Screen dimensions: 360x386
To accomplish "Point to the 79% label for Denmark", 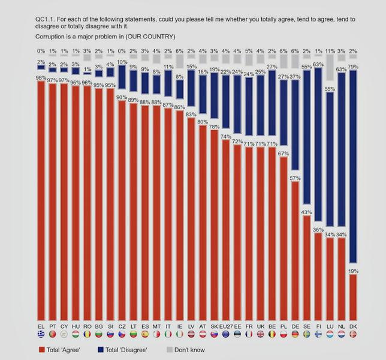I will point(354,66).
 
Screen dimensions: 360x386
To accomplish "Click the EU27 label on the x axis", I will point(226,326).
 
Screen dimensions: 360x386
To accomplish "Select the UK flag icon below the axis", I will point(260,334).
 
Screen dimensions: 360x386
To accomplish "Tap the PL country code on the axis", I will point(283,326).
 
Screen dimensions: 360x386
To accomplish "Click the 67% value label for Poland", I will point(284,154).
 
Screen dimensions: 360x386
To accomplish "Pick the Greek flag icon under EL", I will point(41,334).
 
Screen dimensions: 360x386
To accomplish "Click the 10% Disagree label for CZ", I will point(122,62).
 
